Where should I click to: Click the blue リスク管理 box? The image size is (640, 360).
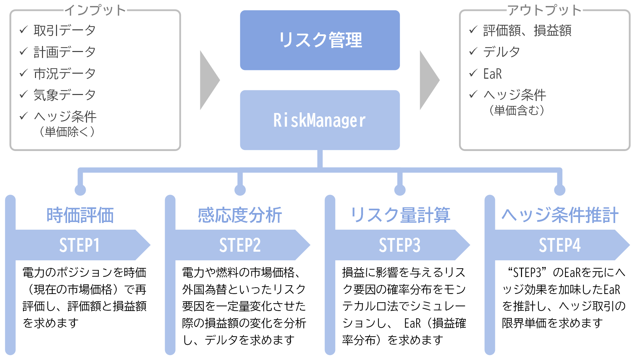click(320, 40)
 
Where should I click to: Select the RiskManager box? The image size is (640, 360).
click(320, 120)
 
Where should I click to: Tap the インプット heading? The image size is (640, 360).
click(95, 10)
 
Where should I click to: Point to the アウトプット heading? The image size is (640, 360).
click(544, 10)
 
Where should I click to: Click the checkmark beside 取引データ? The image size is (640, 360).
click(23, 30)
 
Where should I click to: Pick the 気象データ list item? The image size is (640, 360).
click(65, 95)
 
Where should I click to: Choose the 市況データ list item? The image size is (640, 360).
click(65, 73)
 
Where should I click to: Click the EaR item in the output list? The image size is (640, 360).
click(492, 74)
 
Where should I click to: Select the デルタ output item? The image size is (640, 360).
click(501, 52)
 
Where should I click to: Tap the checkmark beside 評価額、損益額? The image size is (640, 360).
click(473, 30)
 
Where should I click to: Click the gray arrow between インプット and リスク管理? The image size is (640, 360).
click(210, 80)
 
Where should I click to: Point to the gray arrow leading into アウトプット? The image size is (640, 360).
click(430, 80)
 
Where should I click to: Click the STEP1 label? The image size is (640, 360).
click(79, 245)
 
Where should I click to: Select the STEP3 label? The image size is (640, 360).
click(400, 245)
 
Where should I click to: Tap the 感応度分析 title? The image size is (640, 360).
click(240, 215)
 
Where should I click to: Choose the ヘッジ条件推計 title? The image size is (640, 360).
click(560, 215)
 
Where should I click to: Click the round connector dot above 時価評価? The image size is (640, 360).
click(80, 190)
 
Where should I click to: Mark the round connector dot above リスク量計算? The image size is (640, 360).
click(400, 190)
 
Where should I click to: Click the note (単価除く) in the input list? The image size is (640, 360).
click(67, 132)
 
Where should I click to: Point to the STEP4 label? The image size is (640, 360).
click(560, 245)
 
